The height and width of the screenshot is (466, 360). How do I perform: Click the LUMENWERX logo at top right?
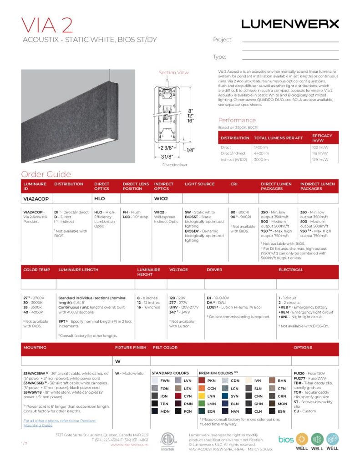[290, 24]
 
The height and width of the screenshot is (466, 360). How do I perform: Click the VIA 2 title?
[47, 25]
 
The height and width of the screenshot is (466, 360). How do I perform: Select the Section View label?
[173, 72]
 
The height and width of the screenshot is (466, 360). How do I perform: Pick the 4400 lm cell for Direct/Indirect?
[262, 153]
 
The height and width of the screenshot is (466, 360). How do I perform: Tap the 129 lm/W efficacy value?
[320, 160]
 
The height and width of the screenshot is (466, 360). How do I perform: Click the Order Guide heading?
[46, 174]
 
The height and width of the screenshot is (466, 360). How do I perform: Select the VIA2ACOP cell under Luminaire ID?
[36, 199]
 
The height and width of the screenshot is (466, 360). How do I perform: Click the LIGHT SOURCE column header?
[199, 184]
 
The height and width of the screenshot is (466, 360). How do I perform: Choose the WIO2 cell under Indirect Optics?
[161, 199]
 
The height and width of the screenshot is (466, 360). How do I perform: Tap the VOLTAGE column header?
[178, 269]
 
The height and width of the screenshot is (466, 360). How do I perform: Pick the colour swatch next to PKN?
[202, 380]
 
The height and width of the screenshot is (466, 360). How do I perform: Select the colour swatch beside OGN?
[202, 389]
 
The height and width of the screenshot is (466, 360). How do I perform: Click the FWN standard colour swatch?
[155, 380]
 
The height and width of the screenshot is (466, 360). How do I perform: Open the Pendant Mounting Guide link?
[60, 423]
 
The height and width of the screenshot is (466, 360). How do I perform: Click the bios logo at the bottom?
[286, 439]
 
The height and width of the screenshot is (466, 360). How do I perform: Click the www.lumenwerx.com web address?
[129, 445]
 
